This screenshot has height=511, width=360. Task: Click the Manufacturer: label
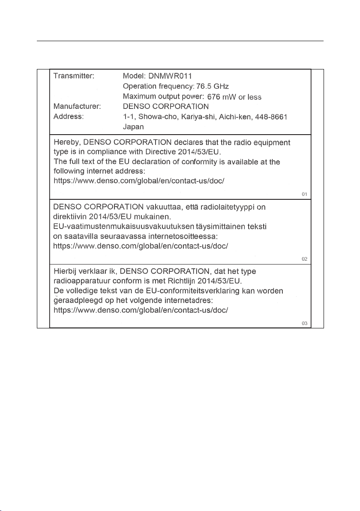point(77,106)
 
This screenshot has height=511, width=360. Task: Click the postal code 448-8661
point(269,117)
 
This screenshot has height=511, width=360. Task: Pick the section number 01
point(305,195)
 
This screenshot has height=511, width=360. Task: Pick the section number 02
point(305,259)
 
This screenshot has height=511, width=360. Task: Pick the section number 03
point(305,323)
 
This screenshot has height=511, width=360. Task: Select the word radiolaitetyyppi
point(228,207)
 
